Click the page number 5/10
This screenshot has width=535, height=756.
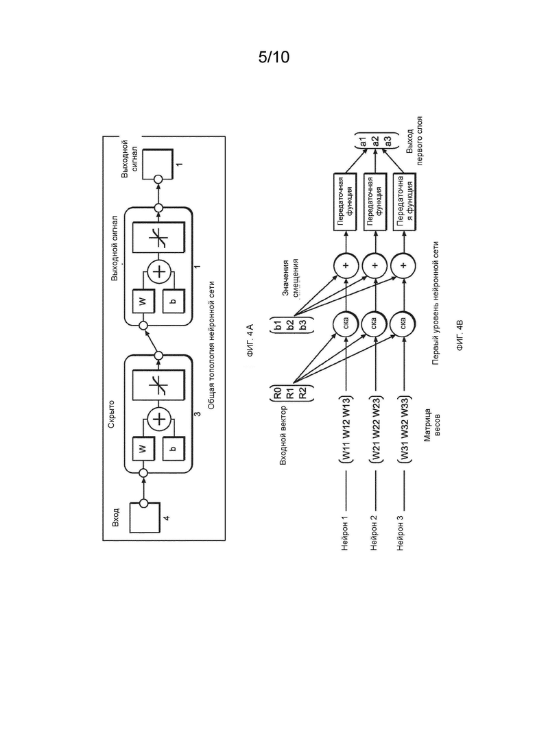[274, 58]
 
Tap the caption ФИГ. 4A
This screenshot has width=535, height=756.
[250, 341]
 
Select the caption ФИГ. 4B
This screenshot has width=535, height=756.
[460, 334]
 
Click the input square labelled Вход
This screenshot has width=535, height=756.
[144, 517]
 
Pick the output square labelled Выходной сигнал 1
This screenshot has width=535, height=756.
[157, 163]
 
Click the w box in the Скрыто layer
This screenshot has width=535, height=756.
[142, 449]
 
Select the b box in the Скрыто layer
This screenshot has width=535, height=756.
[173, 449]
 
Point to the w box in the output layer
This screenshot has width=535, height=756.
[142, 302]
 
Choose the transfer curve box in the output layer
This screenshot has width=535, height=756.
[158, 236]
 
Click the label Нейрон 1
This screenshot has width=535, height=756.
[345, 533]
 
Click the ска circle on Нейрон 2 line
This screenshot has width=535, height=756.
[374, 324]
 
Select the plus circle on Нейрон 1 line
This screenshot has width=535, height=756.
[346, 265]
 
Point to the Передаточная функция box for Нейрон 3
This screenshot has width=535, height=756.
[404, 202]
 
